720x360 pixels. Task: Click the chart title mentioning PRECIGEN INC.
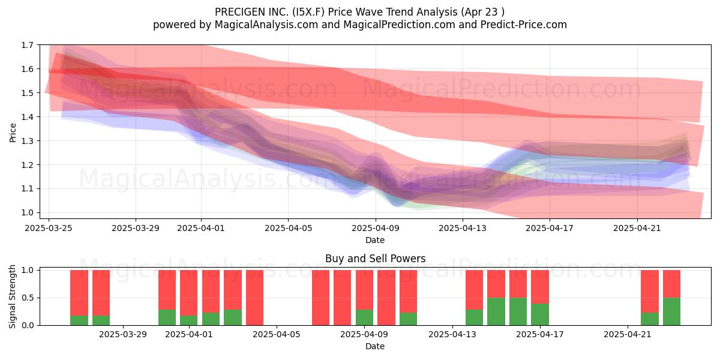359,12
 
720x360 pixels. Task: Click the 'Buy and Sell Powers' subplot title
375,259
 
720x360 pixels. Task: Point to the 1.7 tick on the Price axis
28,45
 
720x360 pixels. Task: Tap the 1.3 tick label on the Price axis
28,141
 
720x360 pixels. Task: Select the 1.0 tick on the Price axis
28,213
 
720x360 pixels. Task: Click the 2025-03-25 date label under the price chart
49,228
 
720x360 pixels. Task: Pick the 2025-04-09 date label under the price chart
376,228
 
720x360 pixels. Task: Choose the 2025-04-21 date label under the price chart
637,228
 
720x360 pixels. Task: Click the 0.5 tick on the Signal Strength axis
28,298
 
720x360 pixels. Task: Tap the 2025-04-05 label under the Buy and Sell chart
277,335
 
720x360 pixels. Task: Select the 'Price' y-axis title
13,133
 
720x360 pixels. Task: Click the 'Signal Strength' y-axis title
12,296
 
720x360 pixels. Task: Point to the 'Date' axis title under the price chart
375,240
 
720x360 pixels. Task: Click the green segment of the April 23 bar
672,311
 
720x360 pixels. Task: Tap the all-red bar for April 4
254,298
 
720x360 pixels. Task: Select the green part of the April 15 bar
496,311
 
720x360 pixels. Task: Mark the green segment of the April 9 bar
365,317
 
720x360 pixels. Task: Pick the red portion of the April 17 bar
540,287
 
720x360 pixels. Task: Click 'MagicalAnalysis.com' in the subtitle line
266,25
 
